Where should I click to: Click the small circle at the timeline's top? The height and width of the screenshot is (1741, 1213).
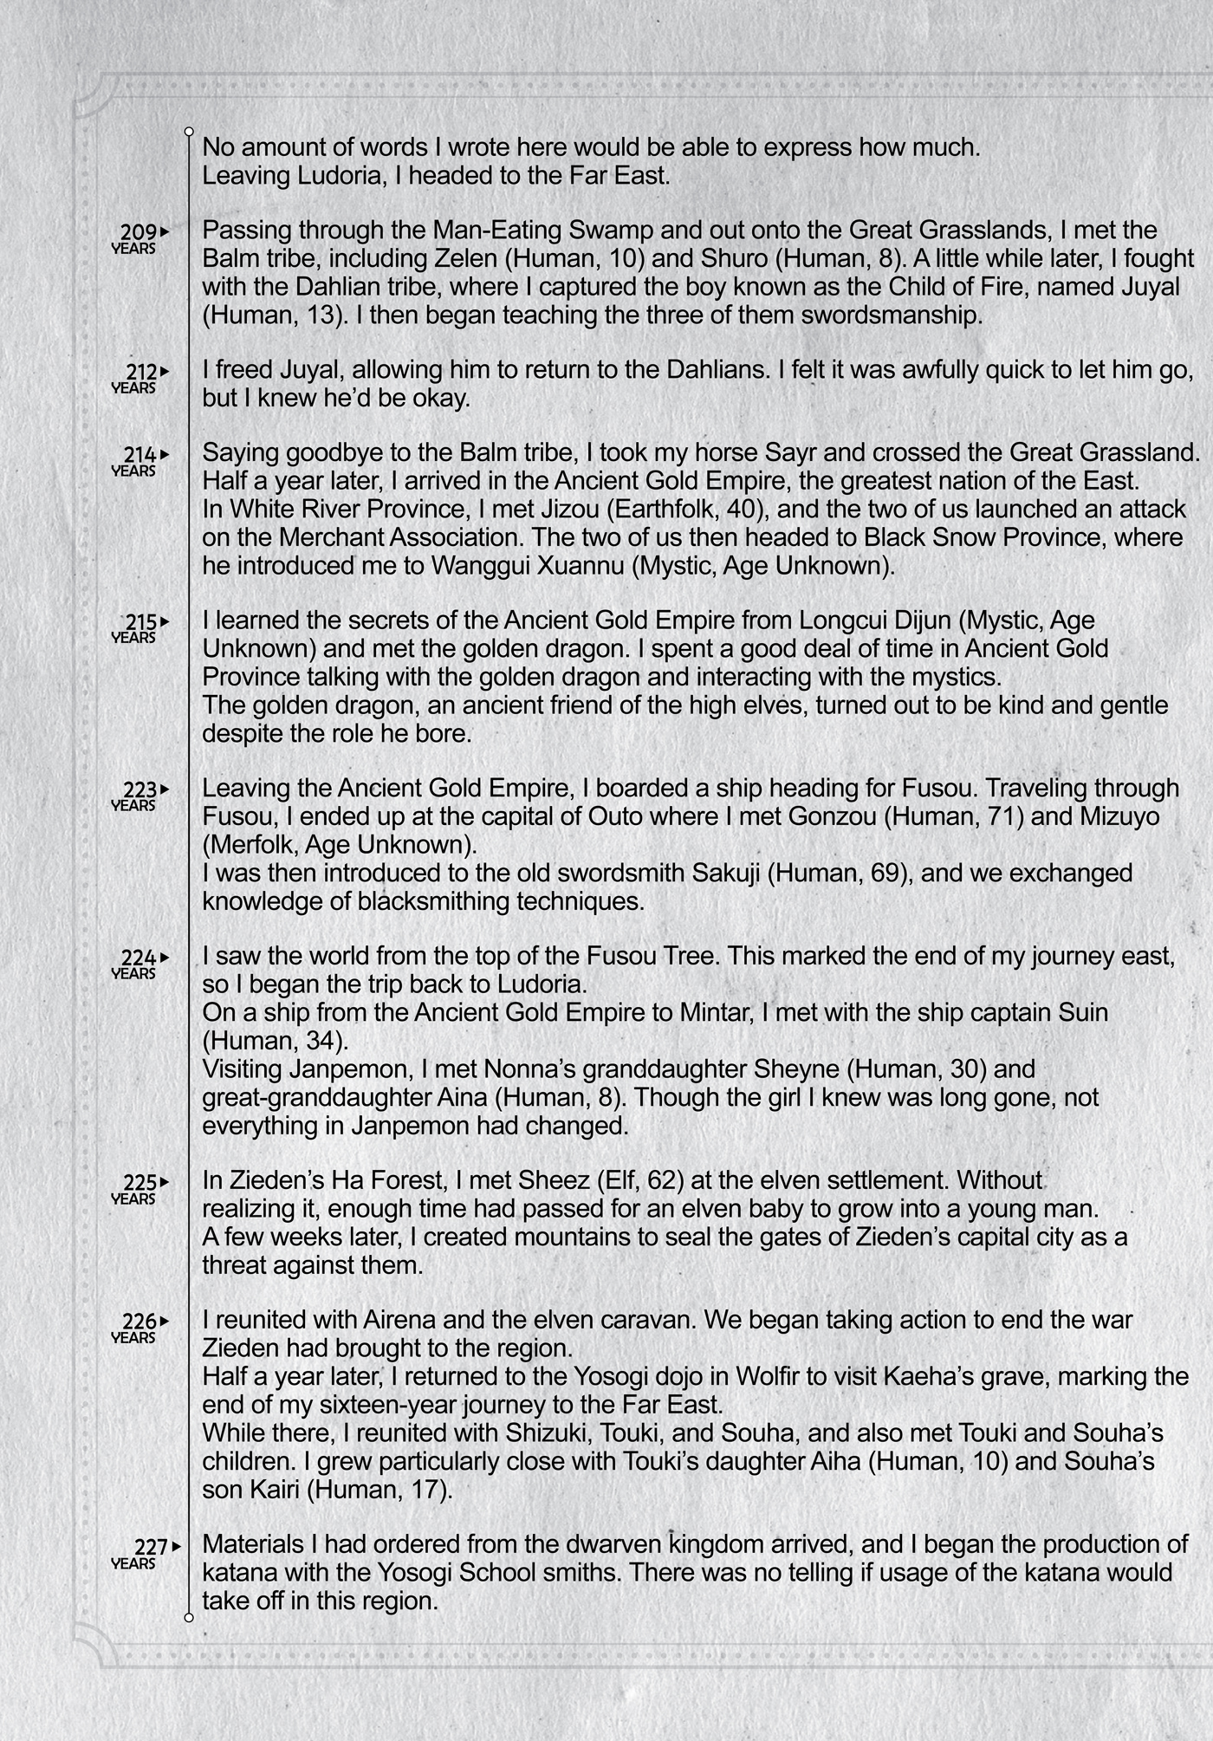click(x=189, y=132)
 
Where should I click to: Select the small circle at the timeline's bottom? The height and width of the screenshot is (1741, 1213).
click(x=189, y=1618)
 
